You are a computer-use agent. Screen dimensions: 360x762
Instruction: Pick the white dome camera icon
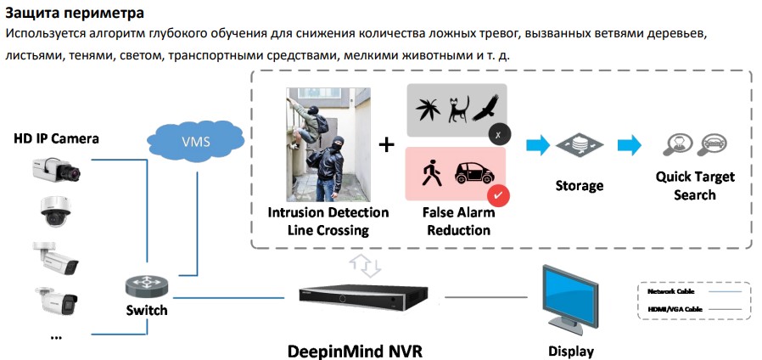tap(56, 211)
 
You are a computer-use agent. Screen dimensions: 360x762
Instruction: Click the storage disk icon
tap(580, 146)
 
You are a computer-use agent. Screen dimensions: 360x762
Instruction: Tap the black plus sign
tap(387, 144)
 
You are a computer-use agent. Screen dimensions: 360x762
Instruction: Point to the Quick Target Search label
tap(695, 186)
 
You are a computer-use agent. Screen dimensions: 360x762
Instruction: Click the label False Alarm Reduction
tap(457, 222)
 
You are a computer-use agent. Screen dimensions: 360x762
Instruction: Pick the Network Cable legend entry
tap(664, 291)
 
